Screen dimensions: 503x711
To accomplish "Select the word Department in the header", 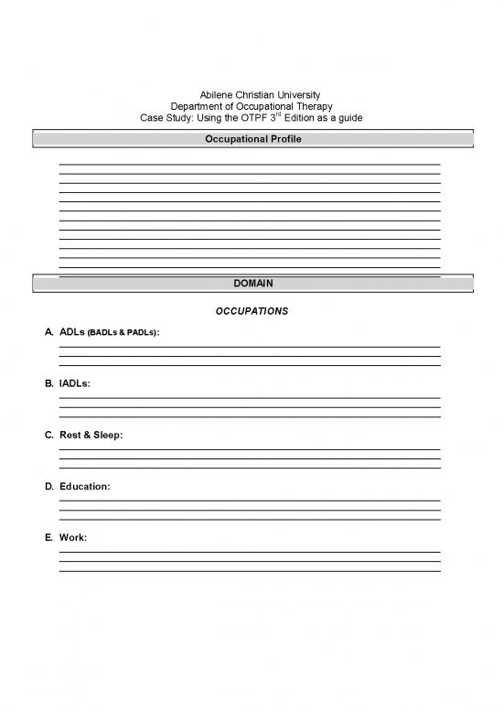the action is coord(199,107).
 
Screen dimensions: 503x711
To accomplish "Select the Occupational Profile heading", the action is coord(252,139).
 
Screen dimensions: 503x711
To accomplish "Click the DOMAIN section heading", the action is coord(252,284).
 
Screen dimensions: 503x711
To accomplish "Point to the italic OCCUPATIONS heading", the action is coord(252,311).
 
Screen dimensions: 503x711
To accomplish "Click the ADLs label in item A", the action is coord(71,334).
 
